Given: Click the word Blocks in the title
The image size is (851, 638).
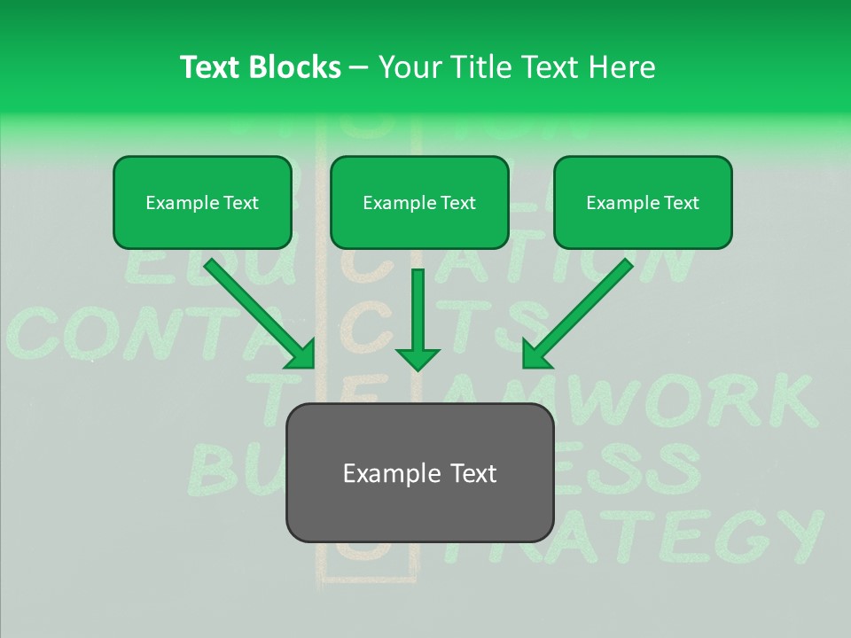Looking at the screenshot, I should point(297,67).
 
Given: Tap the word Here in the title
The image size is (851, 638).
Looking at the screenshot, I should point(621,67).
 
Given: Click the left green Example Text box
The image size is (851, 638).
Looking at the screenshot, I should point(202,203).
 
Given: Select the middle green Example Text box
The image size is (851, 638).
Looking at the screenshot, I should point(419,203).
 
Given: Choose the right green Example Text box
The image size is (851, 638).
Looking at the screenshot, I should point(643,203).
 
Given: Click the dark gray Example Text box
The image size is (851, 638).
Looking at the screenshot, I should point(419,473).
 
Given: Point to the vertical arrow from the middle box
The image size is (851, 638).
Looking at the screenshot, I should point(418,310).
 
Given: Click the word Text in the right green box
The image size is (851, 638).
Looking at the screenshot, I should point(681,203).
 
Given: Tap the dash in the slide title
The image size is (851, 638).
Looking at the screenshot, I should point(360,67).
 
